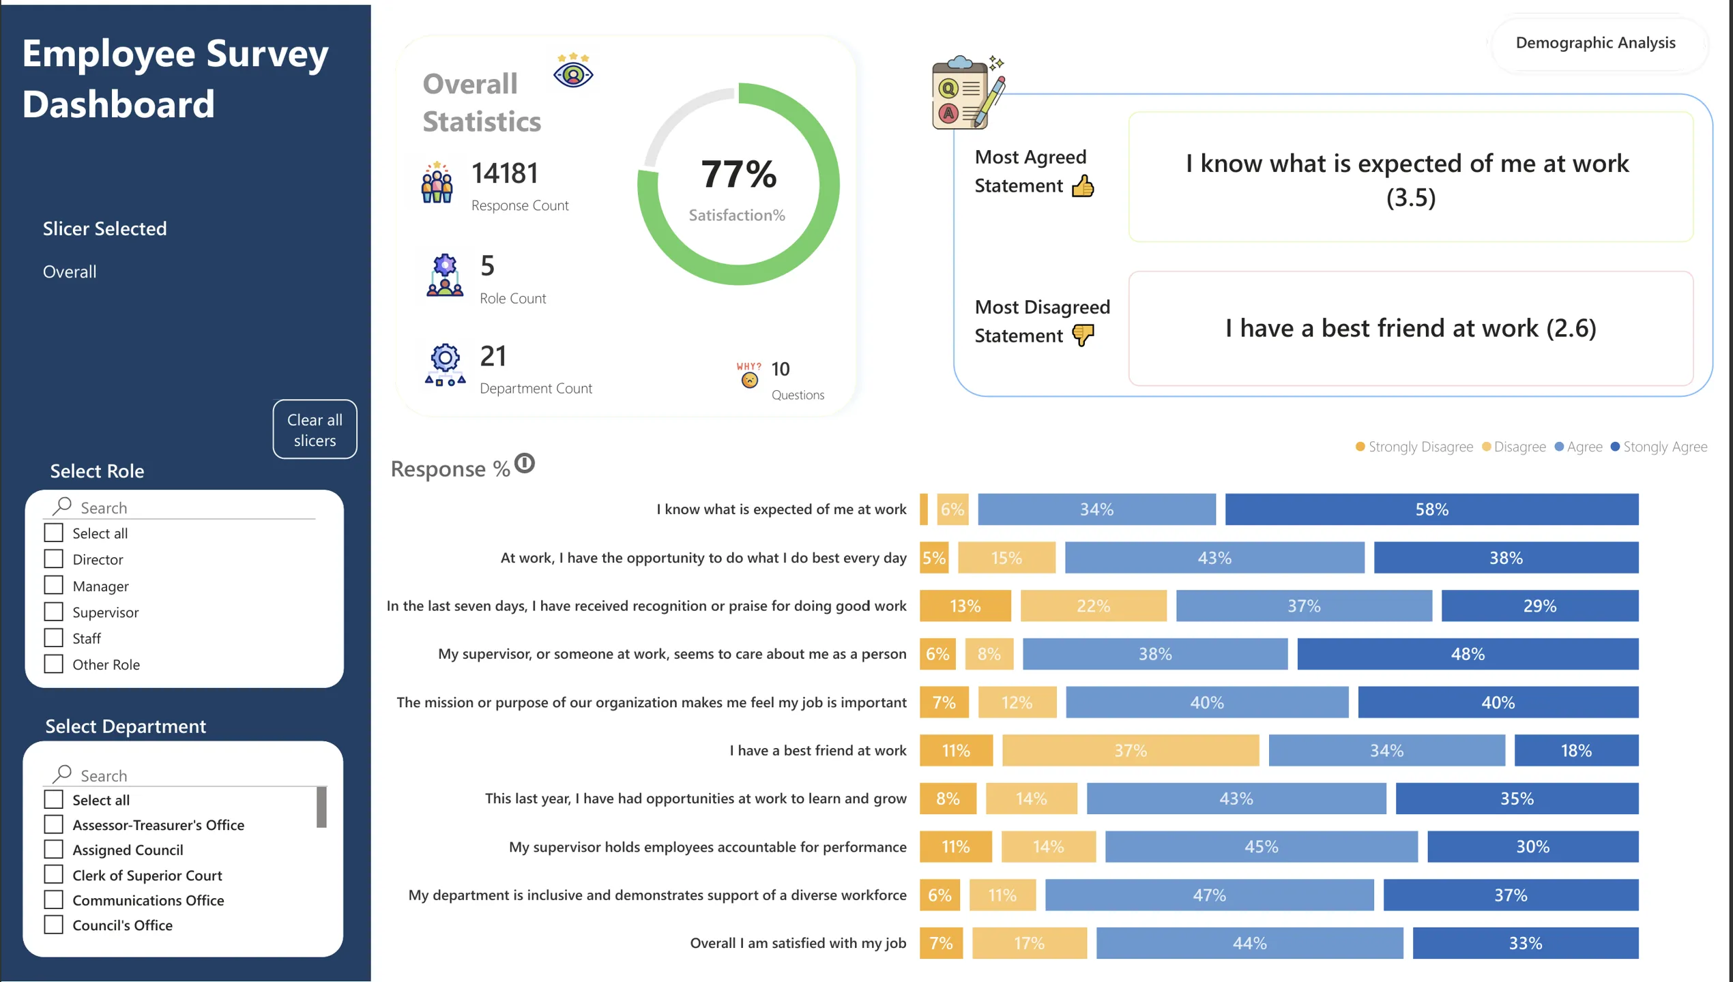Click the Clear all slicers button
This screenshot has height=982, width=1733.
315,429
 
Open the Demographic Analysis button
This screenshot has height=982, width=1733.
1595,42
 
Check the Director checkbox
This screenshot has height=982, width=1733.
53,559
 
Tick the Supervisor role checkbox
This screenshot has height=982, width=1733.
53,612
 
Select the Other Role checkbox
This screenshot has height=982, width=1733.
53,664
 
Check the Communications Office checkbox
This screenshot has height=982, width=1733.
53,899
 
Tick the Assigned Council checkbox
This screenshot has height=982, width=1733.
53,849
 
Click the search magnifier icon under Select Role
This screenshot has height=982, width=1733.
62,506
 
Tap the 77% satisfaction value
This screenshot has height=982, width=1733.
738,174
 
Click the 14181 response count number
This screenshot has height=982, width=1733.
505,173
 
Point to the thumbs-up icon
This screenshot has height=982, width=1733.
1083,185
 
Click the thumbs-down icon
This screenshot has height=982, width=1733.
1083,335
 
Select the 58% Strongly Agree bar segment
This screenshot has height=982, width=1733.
1431,509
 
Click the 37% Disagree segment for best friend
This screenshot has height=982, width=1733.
1131,750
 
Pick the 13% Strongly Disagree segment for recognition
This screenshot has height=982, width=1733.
965,606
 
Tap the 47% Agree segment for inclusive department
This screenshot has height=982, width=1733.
1209,895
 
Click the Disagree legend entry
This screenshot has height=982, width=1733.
1514,447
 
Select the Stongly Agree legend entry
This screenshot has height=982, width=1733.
1659,447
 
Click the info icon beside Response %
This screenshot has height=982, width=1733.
524,464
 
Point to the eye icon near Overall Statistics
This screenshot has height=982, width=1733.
573,71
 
